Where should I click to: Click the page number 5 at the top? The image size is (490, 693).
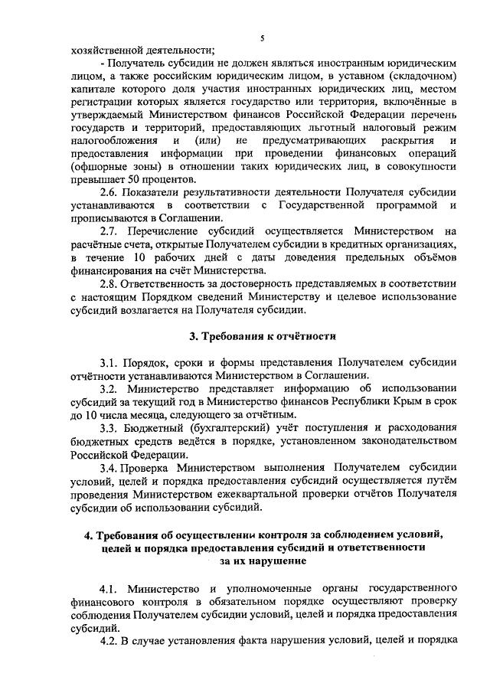tap(262, 38)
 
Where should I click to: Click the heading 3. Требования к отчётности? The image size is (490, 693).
tap(263, 336)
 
